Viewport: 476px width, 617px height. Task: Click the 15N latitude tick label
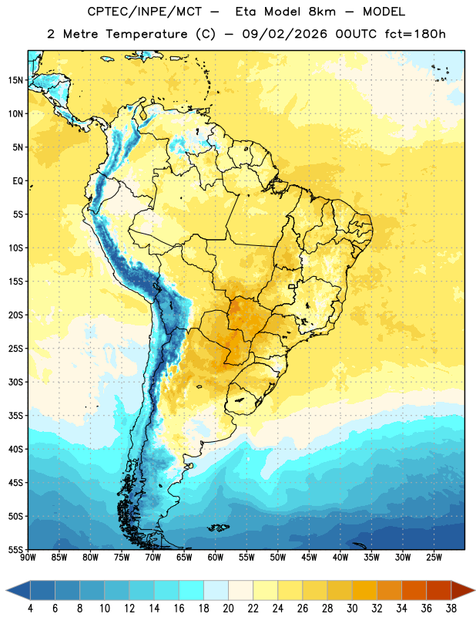15,80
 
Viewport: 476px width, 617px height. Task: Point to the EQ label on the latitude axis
18,181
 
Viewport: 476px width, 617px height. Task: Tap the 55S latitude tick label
15,549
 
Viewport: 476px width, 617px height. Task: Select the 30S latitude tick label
15,382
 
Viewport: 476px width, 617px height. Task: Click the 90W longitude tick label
28,558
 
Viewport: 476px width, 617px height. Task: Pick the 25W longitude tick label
434,558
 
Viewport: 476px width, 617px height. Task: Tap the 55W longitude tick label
246,558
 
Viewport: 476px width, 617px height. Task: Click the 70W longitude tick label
153,558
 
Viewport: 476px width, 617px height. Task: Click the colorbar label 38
451,609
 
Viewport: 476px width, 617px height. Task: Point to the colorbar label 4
30,609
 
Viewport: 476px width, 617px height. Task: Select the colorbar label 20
228,609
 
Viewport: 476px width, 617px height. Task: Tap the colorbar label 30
352,609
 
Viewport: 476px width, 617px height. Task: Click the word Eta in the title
246,12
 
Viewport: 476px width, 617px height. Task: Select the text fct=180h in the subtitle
415,34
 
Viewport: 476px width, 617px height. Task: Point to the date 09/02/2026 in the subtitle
284,34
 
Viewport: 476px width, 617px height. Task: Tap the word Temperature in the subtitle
146,35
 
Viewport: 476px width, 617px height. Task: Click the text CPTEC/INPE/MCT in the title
144,12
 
